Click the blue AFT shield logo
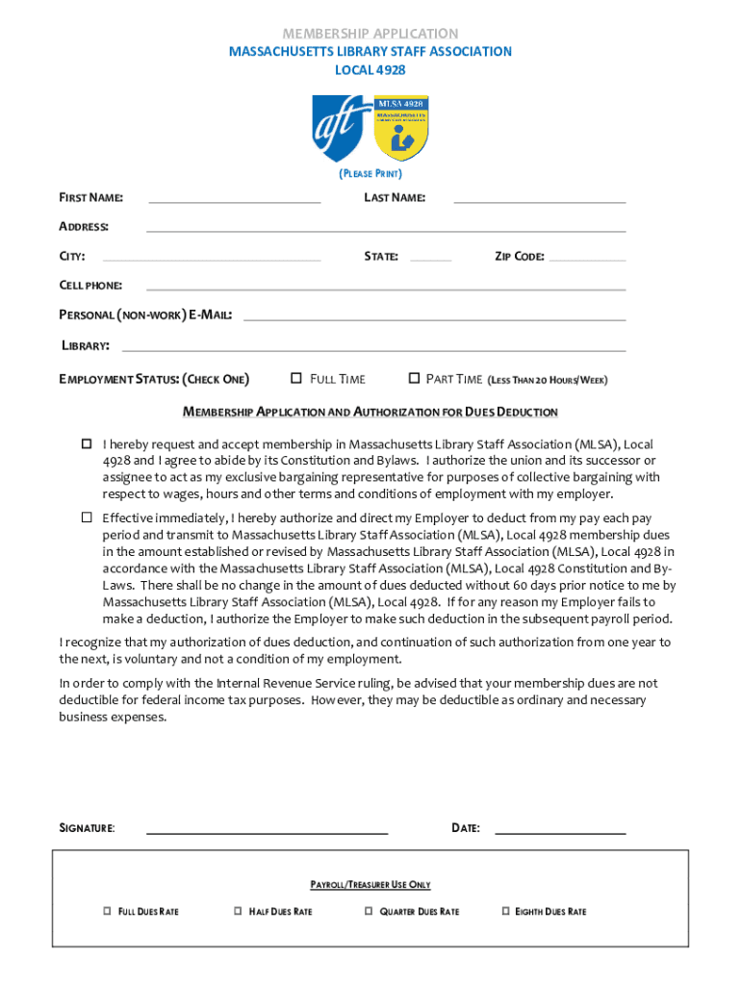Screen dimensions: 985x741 (342, 128)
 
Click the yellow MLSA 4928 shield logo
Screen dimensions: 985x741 (401, 128)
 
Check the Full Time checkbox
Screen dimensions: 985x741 (296, 378)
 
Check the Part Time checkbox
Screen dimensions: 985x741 (415, 378)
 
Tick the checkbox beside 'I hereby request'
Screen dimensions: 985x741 (86, 443)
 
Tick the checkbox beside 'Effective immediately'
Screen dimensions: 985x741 (86, 518)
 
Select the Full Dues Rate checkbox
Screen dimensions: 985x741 (107, 910)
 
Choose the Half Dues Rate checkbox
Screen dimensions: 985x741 (238, 910)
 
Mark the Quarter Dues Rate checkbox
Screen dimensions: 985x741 (369, 910)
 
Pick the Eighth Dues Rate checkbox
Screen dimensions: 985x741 (505, 910)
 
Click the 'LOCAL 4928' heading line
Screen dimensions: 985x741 (370, 70)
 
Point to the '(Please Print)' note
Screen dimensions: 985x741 (370, 174)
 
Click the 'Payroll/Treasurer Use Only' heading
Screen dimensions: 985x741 (370, 884)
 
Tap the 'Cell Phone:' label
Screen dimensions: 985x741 (90, 286)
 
